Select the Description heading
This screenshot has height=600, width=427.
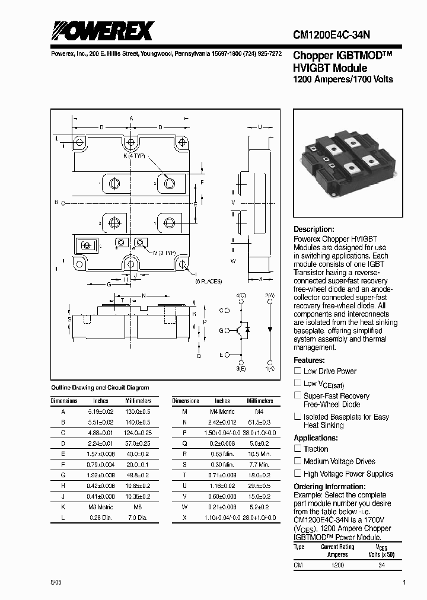click(314, 229)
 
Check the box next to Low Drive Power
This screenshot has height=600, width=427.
click(298, 371)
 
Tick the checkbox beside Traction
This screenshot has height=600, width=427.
click(298, 449)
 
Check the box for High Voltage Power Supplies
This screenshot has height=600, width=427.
click(298, 473)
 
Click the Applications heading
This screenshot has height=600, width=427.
click(316, 438)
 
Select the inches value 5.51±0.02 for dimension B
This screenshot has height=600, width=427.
click(101, 422)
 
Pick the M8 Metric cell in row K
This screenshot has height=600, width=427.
click(101, 508)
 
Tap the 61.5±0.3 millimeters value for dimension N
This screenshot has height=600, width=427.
click(259, 422)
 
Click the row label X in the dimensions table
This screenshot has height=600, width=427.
click(185, 518)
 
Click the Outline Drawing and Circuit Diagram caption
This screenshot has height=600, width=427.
click(100, 387)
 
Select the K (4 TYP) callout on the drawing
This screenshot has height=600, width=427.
click(133, 155)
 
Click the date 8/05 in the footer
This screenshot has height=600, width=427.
click(56, 583)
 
